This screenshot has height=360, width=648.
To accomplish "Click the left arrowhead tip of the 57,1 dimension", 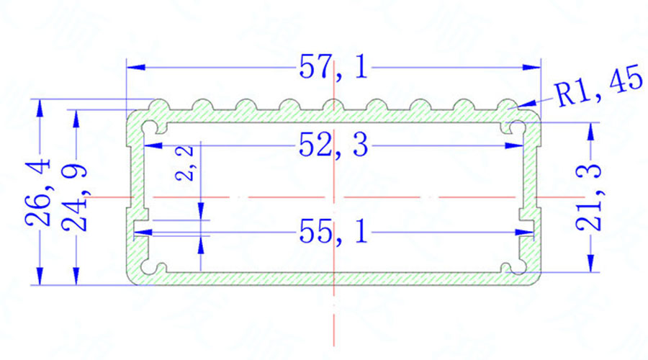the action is tap(127, 67).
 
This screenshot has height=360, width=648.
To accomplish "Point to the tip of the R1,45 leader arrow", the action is tap(516, 107).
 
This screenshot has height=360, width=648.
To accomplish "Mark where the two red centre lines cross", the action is tap(334, 197).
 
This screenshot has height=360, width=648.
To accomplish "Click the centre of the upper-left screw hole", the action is tap(150, 127).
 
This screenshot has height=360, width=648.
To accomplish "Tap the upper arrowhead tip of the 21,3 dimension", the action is tap(591, 123).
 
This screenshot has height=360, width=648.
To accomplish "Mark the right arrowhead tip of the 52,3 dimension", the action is tap(523, 145).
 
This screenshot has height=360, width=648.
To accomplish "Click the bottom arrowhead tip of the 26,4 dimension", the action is tap(40, 285).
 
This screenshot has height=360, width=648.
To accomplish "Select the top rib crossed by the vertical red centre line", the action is tap(334, 105).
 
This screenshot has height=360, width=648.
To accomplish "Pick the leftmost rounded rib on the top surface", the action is tap(159, 105).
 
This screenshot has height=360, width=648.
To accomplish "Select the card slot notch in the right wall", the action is tap(527, 228).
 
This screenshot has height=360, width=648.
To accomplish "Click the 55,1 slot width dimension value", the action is tap(333, 231).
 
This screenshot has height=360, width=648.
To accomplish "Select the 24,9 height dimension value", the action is tap(75, 198).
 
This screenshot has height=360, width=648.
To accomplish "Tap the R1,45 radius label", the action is tap(599, 89).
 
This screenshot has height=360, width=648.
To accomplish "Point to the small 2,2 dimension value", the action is tap(184, 163).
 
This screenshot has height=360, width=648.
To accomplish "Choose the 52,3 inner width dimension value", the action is tap(333, 145).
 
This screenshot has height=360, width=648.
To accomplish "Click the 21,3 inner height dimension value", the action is tap(588, 197).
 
